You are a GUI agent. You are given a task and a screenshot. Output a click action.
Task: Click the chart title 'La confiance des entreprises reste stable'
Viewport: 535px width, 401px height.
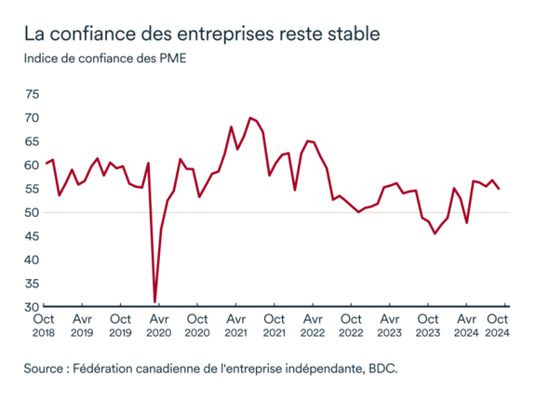pyautogui.click(x=202, y=34)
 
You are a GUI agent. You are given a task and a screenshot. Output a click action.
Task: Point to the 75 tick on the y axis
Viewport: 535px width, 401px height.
pyautogui.click(x=32, y=95)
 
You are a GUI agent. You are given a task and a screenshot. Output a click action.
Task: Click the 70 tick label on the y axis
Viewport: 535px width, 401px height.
pyautogui.click(x=32, y=118)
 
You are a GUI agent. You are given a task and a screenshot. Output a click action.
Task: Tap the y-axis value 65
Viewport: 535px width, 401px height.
pyautogui.click(x=32, y=142)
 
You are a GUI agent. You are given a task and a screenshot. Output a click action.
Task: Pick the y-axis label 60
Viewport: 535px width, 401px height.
pyautogui.click(x=32, y=166)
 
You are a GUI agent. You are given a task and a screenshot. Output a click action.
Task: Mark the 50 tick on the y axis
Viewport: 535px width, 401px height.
pyautogui.click(x=32, y=213)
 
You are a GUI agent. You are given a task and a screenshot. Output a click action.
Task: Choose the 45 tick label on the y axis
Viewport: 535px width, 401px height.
pyautogui.click(x=32, y=236)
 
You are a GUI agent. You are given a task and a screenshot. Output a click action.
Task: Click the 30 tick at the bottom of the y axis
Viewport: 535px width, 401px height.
pyautogui.click(x=32, y=307)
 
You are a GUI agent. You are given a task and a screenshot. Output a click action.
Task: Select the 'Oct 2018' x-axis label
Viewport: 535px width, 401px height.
pyautogui.click(x=44, y=325)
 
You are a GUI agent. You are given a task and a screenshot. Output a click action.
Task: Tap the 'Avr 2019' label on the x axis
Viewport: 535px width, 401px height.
pyautogui.click(x=82, y=325)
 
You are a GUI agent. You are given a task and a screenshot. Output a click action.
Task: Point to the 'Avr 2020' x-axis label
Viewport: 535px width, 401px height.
pyautogui.click(x=159, y=325)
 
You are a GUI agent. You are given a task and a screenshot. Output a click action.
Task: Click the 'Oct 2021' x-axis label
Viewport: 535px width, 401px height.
pyautogui.click(x=274, y=325)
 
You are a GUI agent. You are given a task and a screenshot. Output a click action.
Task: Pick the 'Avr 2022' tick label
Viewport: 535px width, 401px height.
pyautogui.click(x=313, y=325)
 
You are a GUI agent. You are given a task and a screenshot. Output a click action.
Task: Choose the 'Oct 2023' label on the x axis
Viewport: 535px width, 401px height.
pyautogui.click(x=428, y=325)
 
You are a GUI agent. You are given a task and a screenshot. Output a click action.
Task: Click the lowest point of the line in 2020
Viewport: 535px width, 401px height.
pyautogui.click(x=154, y=301)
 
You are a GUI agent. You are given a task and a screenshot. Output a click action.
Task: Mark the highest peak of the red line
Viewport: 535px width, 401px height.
pyautogui.click(x=249, y=118)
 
